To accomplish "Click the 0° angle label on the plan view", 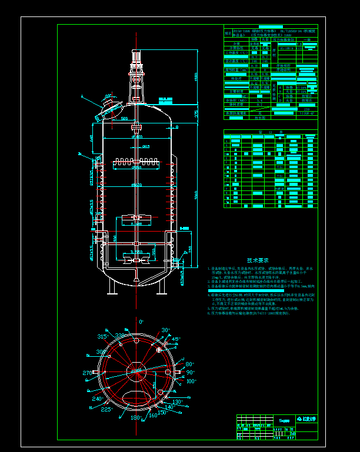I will (141, 322).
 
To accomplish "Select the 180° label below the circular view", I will (135, 418).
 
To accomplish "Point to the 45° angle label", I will (176, 339).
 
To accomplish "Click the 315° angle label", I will (102, 336).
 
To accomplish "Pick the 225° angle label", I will (106, 410).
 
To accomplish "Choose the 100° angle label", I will (191, 381).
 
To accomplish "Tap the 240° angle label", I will (97, 398).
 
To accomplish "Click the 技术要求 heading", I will (257, 260).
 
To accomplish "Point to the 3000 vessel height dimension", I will (196, 194).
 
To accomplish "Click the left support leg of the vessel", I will (112, 286).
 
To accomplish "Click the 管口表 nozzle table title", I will (270, 133).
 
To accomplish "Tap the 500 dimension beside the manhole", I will (124, 119).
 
